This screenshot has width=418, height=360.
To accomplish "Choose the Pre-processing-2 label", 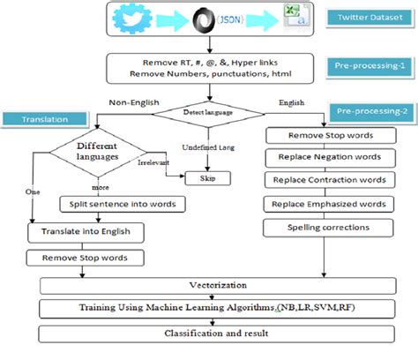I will (367, 111).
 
